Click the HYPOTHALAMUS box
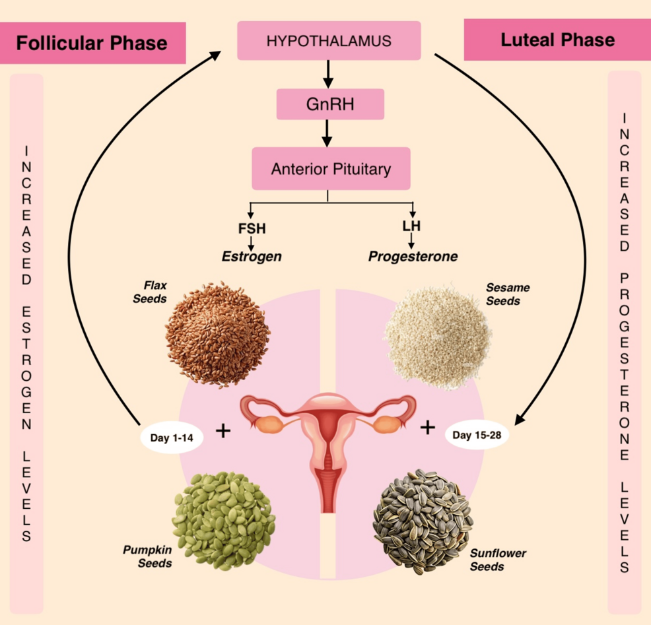329,41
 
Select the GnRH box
330,104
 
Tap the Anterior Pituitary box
331,169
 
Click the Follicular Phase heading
92,44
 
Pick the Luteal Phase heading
557,40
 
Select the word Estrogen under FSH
252,256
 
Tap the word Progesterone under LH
413,256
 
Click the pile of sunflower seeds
423,521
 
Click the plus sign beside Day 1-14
224,431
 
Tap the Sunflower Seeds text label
498,560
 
